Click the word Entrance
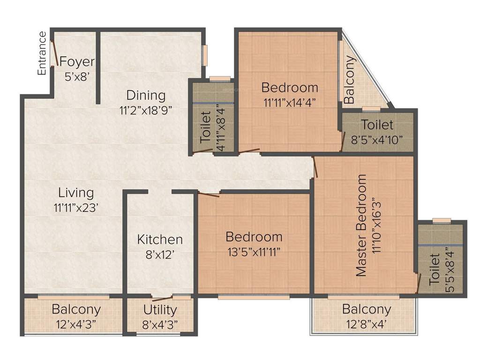point(42,53)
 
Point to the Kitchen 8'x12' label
point(160,247)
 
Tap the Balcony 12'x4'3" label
point(76,316)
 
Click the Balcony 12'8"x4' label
point(366,316)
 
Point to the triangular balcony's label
point(349,81)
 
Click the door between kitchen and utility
point(162,299)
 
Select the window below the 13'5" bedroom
point(254,297)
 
